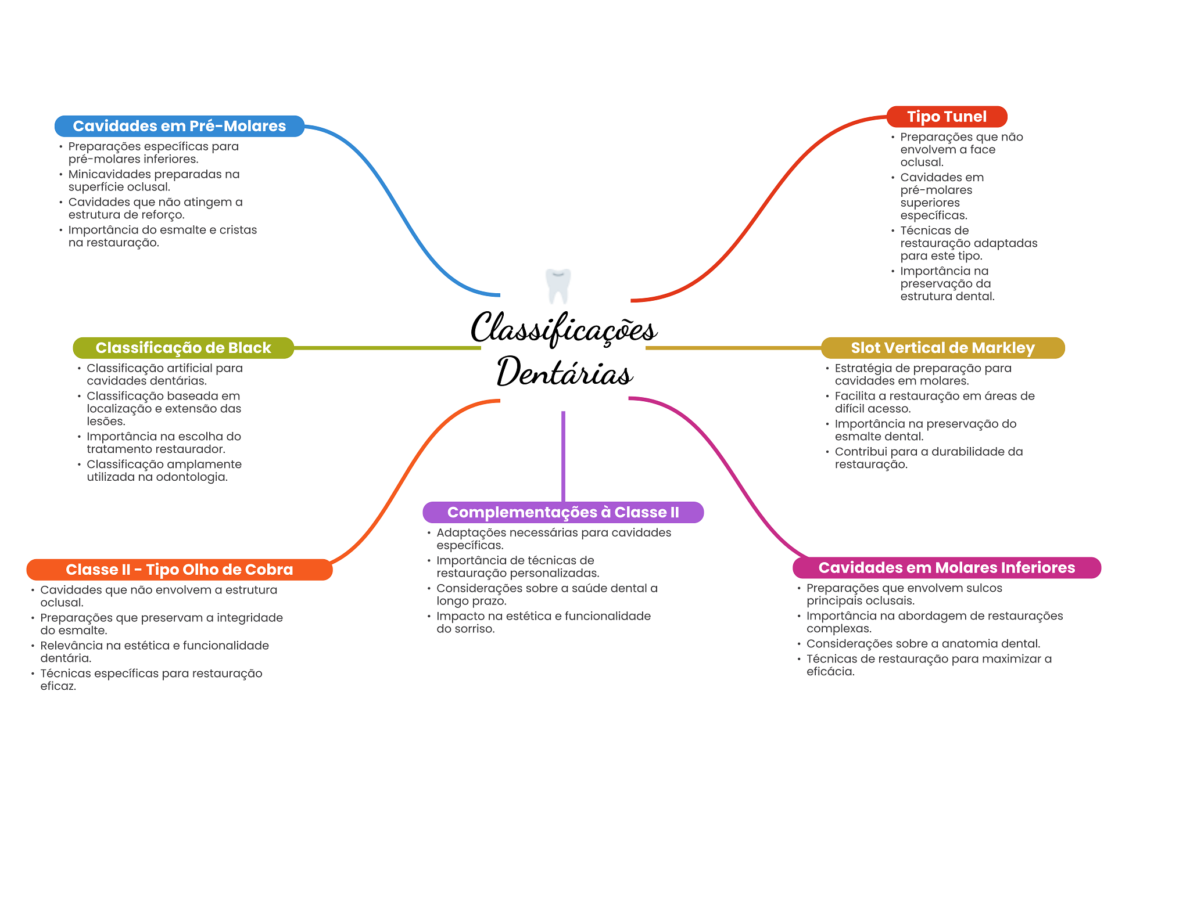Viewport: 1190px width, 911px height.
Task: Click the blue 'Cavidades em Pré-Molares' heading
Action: click(179, 126)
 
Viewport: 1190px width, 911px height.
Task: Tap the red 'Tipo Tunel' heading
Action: click(946, 117)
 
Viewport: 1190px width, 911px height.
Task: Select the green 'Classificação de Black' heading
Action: click(183, 348)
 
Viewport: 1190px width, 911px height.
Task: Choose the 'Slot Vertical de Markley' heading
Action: click(942, 348)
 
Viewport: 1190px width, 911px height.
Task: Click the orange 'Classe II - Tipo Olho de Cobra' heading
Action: click(179, 570)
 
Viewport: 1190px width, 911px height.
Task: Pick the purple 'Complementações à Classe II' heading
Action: click(562, 512)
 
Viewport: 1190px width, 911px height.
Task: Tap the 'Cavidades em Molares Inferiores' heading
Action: click(946, 568)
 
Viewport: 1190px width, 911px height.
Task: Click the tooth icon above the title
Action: click(558, 286)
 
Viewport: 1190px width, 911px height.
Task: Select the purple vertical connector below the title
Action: click(563, 456)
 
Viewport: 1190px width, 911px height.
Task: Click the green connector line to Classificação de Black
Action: click(386, 348)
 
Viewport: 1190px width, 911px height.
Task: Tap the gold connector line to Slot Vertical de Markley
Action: click(732, 348)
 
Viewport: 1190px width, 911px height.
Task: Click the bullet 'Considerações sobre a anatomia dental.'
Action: click(923, 643)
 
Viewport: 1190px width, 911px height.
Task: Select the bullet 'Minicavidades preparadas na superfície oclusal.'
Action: click(153, 181)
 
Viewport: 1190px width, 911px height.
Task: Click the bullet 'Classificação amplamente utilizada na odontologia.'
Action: click(163, 470)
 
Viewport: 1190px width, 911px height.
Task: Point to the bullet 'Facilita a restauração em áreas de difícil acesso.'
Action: click(934, 402)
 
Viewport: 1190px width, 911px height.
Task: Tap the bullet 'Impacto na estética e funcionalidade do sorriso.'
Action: click(543, 622)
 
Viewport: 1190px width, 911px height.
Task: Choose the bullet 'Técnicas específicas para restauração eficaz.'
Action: click(150, 679)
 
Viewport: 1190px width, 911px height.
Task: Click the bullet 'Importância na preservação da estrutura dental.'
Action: click(947, 283)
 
